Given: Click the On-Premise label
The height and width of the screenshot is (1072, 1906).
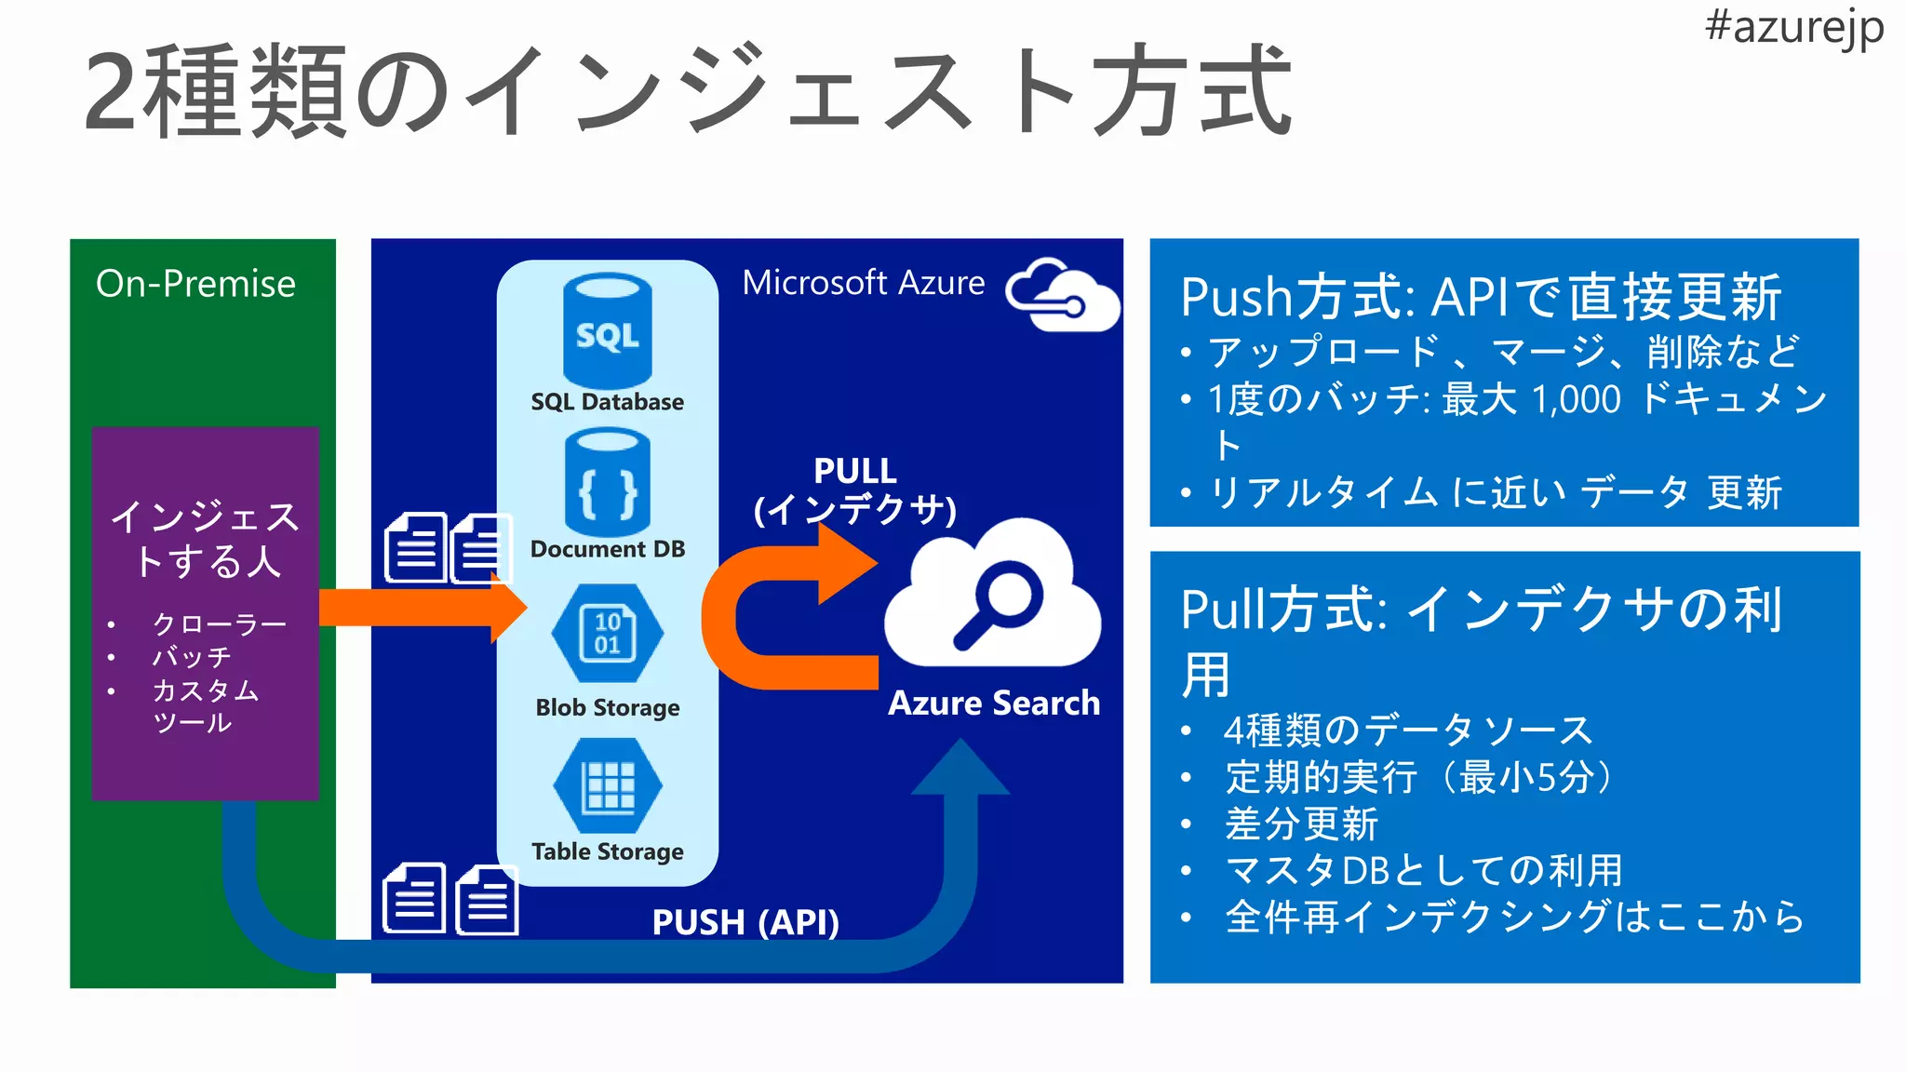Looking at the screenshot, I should [x=195, y=284].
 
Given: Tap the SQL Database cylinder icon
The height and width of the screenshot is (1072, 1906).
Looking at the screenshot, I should [x=607, y=331].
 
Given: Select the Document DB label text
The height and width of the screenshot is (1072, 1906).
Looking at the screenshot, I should [x=607, y=549].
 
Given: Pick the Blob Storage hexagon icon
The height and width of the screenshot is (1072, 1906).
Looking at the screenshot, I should [x=607, y=634].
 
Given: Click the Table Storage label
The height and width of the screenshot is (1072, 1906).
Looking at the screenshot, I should [x=607, y=851].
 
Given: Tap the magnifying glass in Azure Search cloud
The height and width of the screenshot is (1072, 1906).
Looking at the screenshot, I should [x=999, y=605].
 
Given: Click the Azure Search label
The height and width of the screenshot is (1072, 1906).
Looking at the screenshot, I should [x=993, y=703].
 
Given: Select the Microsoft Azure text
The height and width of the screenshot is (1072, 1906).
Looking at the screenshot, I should [x=863, y=283].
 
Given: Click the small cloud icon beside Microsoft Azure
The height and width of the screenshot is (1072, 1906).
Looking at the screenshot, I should [x=1063, y=295].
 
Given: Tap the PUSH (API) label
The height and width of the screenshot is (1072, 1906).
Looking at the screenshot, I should [x=745, y=922].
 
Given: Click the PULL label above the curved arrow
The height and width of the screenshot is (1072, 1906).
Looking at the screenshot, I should [x=854, y=471].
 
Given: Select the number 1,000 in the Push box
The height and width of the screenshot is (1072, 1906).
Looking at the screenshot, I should [x=1576, y=400].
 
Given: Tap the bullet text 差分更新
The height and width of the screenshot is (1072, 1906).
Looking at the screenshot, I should [x=1300, y=824].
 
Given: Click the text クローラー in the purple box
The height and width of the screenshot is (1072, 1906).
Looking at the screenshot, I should [x=219, y=623].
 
